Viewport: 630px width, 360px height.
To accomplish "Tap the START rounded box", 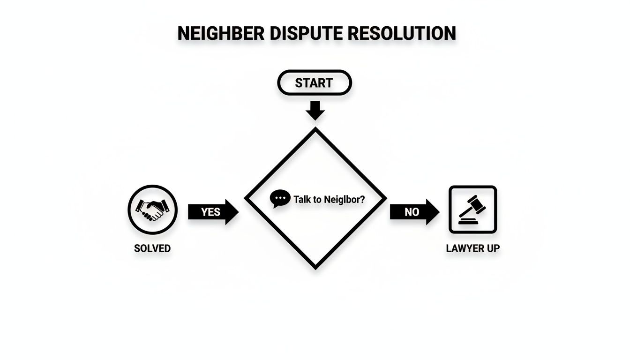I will point(314,83).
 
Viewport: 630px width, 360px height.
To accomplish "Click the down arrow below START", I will point(315,111).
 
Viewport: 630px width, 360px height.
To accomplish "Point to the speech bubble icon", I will point(280,199).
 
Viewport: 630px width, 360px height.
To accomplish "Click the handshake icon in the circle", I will point(152,209).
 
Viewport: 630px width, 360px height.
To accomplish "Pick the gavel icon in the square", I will point(472,209).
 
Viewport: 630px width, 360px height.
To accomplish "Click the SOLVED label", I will point(152,248).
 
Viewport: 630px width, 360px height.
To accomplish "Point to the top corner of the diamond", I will point(315,130).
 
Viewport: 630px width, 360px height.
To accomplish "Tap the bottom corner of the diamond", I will point(315,268).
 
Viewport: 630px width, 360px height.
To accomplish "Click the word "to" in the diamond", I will point(317,199).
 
